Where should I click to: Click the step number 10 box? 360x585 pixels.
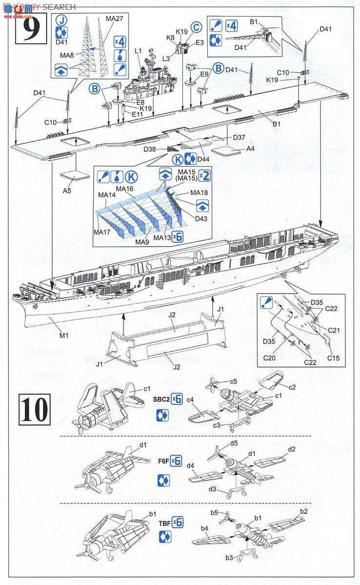tap(35, 409)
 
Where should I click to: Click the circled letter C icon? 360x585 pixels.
tap(196, 28)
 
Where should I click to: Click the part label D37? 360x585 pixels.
tap(239, 137)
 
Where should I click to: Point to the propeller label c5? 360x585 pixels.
tap(234, 381)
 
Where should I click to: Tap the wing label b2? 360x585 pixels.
tap(303, 511)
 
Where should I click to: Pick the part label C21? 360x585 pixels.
tap(334, 330)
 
